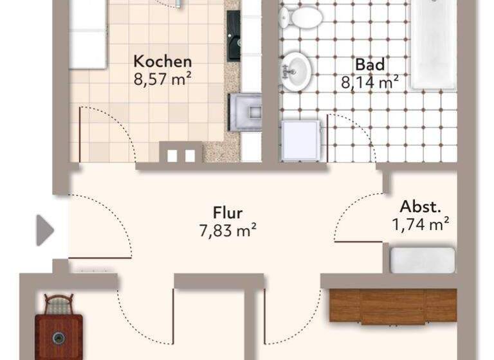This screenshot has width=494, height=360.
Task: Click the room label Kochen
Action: click(x=162, y=62)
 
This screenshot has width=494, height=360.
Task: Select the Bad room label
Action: click(x=370, y=65)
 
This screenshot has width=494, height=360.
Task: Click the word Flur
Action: click(x=228, y=212)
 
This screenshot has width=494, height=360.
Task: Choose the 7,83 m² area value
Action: click(x=228, y=229)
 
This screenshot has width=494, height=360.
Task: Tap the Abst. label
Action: click(x=420, y=207)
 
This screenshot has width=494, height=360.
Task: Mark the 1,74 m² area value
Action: click(x=420, y=224)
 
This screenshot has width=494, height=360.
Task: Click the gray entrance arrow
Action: click(x=44, y=230)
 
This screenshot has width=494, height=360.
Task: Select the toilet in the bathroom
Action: click(x=301, y=17)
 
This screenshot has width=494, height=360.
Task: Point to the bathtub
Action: click(x=434, y=45)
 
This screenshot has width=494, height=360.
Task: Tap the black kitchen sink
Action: click(x=233, y=36)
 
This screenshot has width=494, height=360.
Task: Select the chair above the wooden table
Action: click(x=59, y=304)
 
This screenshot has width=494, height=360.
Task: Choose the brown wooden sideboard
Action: click(x=392, y=305)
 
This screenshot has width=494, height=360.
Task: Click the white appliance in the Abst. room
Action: click(x=423, y=260)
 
